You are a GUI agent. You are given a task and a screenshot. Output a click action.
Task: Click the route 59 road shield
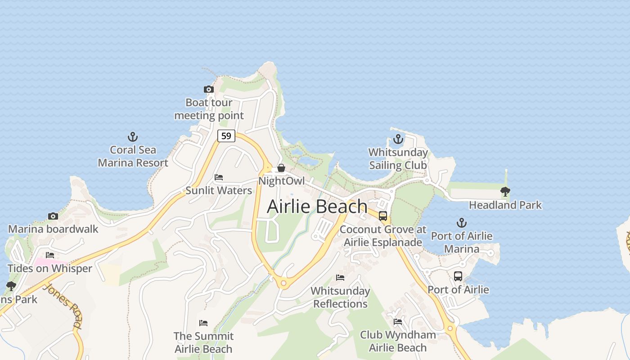226,135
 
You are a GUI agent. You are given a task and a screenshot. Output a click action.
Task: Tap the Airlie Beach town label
317,207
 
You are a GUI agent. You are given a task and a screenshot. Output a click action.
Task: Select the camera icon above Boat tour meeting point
208,90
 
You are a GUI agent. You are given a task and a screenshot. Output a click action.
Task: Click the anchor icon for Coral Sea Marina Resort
133,136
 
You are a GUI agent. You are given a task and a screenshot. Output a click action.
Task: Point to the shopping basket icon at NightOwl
281,168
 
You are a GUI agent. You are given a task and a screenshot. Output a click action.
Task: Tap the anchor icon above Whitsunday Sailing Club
398,139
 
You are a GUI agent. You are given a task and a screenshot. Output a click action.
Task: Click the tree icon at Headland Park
505,192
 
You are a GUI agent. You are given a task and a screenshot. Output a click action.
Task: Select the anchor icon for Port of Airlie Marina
461,222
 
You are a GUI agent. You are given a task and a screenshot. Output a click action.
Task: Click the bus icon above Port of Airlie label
458,276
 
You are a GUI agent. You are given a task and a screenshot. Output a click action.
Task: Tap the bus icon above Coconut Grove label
383,216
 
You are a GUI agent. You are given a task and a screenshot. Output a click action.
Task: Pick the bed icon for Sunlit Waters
219,177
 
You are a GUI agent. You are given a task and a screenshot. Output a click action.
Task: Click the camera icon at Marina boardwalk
53,216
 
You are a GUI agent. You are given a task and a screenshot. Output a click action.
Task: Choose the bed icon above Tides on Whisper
50,255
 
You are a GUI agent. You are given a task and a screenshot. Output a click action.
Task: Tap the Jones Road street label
63,306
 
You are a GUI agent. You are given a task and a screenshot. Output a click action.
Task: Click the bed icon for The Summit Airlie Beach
203,323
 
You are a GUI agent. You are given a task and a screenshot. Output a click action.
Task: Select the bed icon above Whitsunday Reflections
340,278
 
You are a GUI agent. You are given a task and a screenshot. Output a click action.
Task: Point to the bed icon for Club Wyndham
398,321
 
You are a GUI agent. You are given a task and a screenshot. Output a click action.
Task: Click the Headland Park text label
505,205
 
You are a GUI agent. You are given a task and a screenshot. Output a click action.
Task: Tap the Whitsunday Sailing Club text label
398,159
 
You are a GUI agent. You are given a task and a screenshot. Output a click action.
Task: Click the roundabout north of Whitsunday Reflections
283,283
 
